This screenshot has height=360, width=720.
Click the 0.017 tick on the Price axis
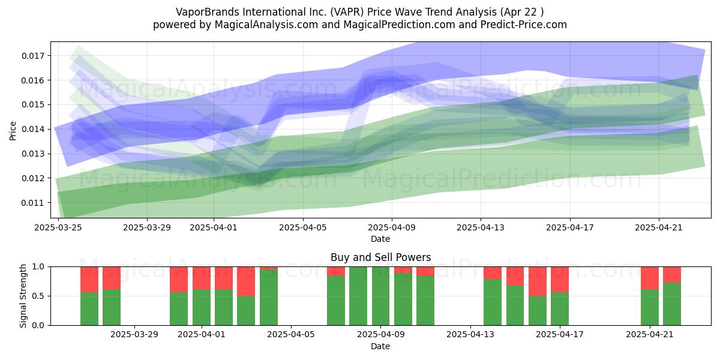[x=33, y=56]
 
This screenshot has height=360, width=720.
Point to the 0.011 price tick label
[x=33, y=203]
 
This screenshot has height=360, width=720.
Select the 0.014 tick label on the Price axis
[x=33, y=129]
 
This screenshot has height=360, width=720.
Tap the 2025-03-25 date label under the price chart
[x=58, y=227]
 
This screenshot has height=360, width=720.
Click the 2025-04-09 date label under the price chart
[x=392, y=227]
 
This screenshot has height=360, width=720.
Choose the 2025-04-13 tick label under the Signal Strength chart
[x=470, y=334]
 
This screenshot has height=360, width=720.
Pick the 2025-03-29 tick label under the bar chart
[x=134, y=334]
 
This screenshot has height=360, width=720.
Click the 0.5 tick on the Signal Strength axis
[x=38, y=296]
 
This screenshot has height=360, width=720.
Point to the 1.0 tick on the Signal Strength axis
[x=38, y=267]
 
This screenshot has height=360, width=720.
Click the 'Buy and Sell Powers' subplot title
[x=380, y=257]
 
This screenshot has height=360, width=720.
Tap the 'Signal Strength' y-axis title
[x=23, y=296]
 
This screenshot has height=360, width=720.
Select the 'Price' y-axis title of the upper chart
[x=13, y=131]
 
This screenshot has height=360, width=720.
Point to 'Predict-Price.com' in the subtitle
[x=524, y=25]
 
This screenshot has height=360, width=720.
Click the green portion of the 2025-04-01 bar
[x=202, y=307]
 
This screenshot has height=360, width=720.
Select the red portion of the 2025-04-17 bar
[x=560, y=280]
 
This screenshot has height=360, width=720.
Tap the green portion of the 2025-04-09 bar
[x=380, y=296]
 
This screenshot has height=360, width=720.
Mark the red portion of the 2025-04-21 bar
[x=649, y=278]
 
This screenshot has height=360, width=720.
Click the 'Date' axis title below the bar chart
[x=380, y=347]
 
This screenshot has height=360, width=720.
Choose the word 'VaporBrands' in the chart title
[x=208, y=12]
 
